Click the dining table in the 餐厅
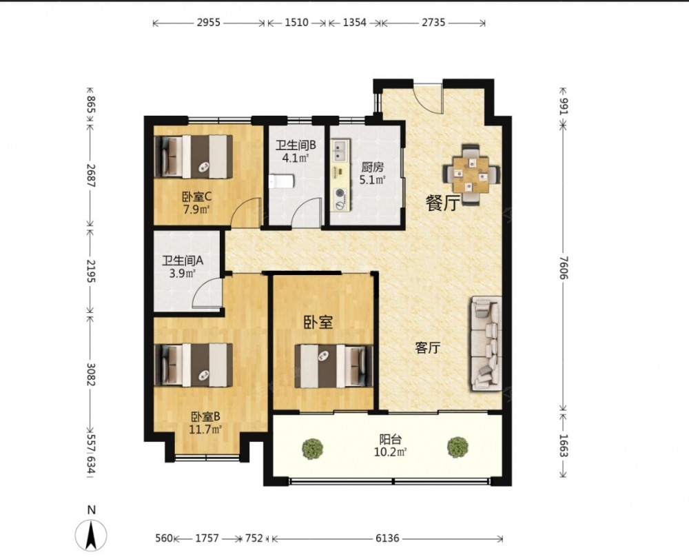click(471, 174)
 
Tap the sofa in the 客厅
click(486, 343)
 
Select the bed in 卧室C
click(194, 156)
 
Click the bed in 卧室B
click(194, 365)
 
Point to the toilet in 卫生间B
click(281, 181)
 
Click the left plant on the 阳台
click(312, 448)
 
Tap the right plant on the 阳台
click(458, 447)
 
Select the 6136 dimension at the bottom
click(387, 538)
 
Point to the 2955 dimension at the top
click(208, 23)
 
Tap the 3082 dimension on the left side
click(91, 374)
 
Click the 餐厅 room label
click(443, 203)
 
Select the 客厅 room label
click(428, 348)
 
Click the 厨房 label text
click(372, 167)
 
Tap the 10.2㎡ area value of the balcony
click(390, 452)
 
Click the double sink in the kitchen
click(340, 150)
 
